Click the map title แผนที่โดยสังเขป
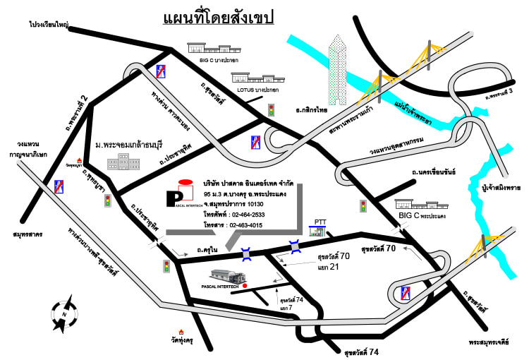click(x=218, y=16)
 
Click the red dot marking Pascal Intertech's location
click(x=245, y=286)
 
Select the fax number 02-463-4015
click(x=245, y=225)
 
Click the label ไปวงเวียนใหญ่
click(x=49, y=24)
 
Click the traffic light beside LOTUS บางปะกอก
click(x=271, y=110)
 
